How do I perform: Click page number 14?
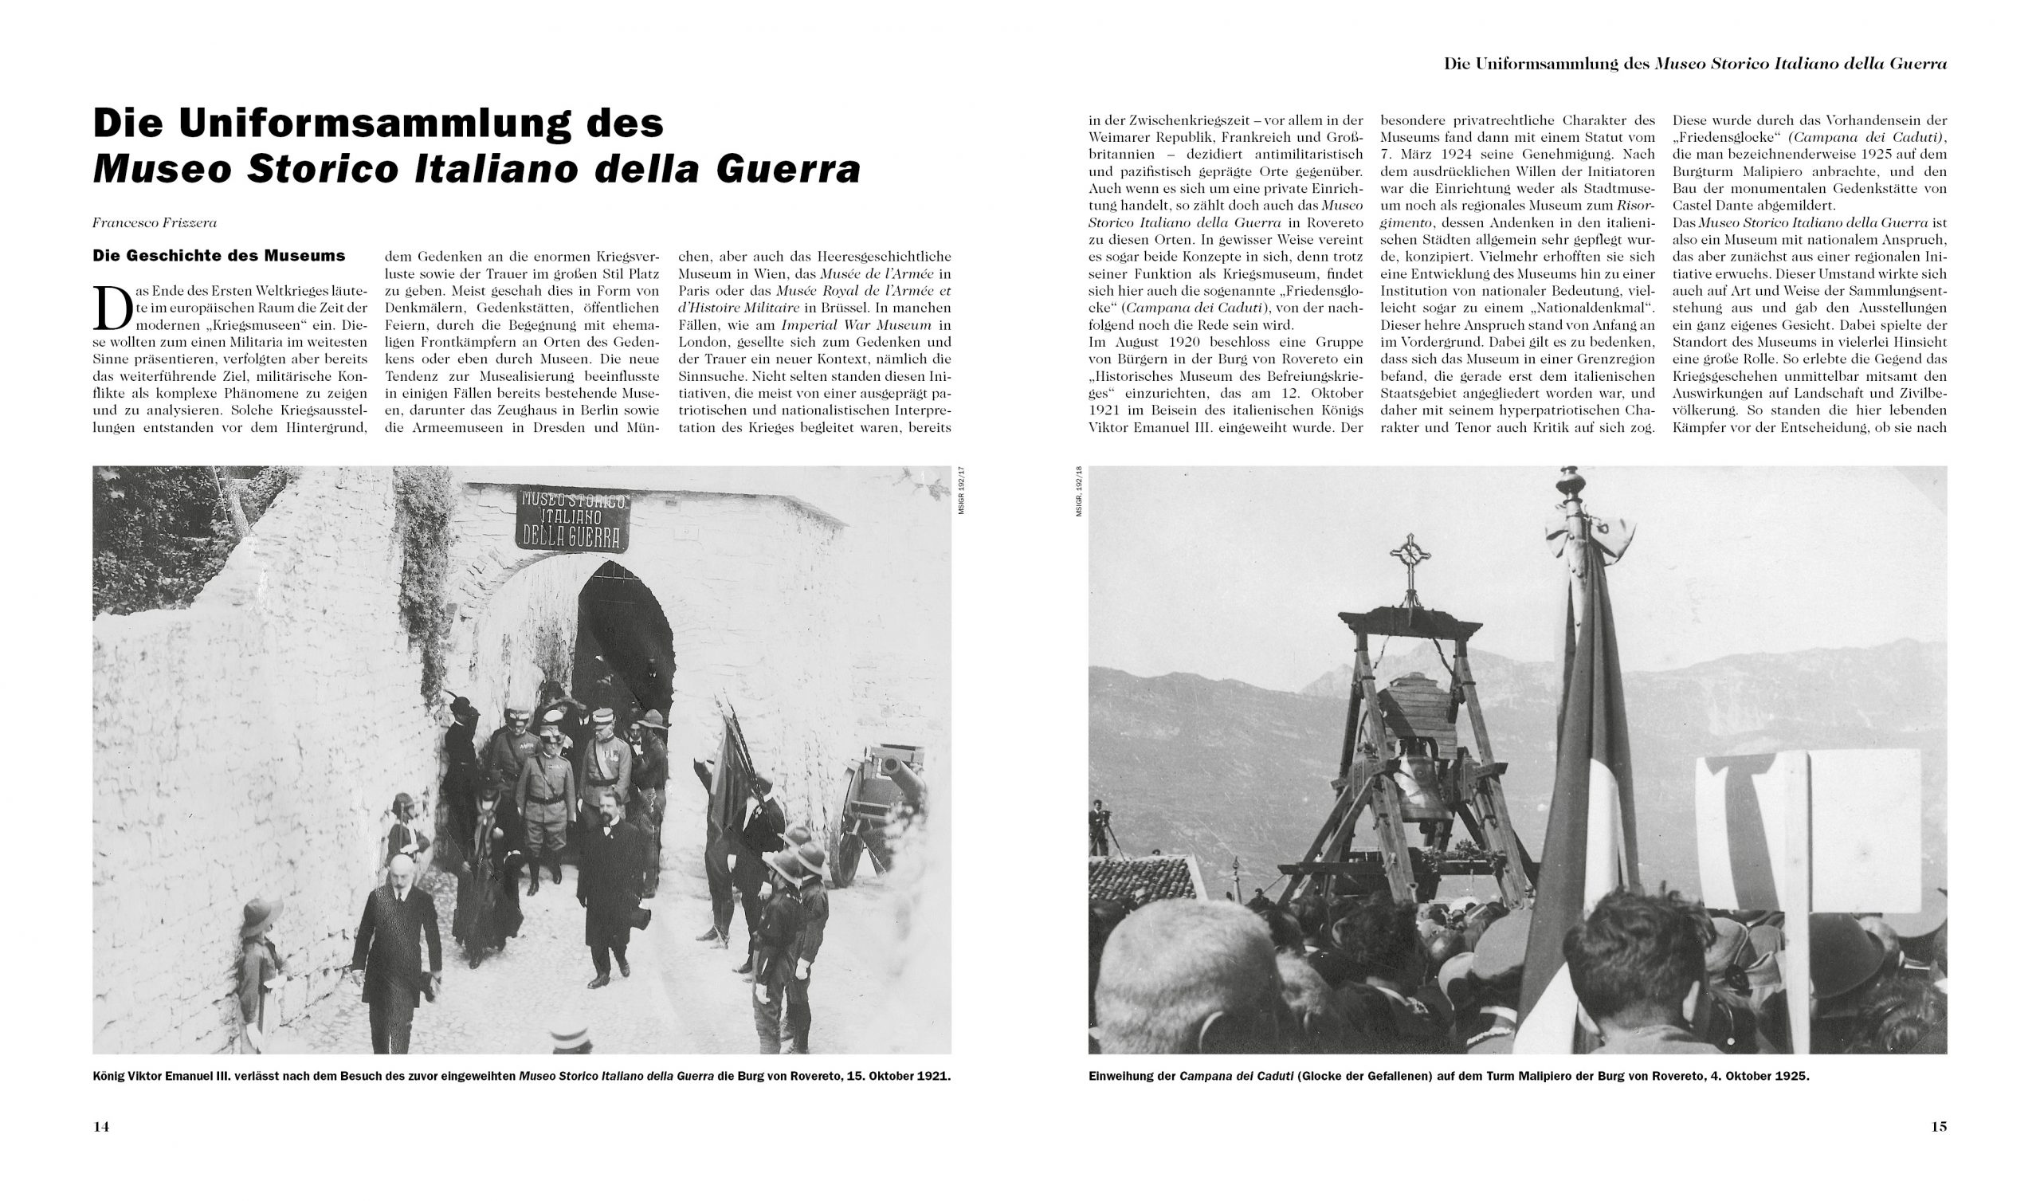(101, 1127)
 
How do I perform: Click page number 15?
(1939, 1127)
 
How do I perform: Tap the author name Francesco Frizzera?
(155, 222)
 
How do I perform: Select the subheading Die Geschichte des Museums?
(218, 256)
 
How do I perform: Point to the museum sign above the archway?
(572, 519)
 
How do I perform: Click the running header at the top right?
(1695, 64)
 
